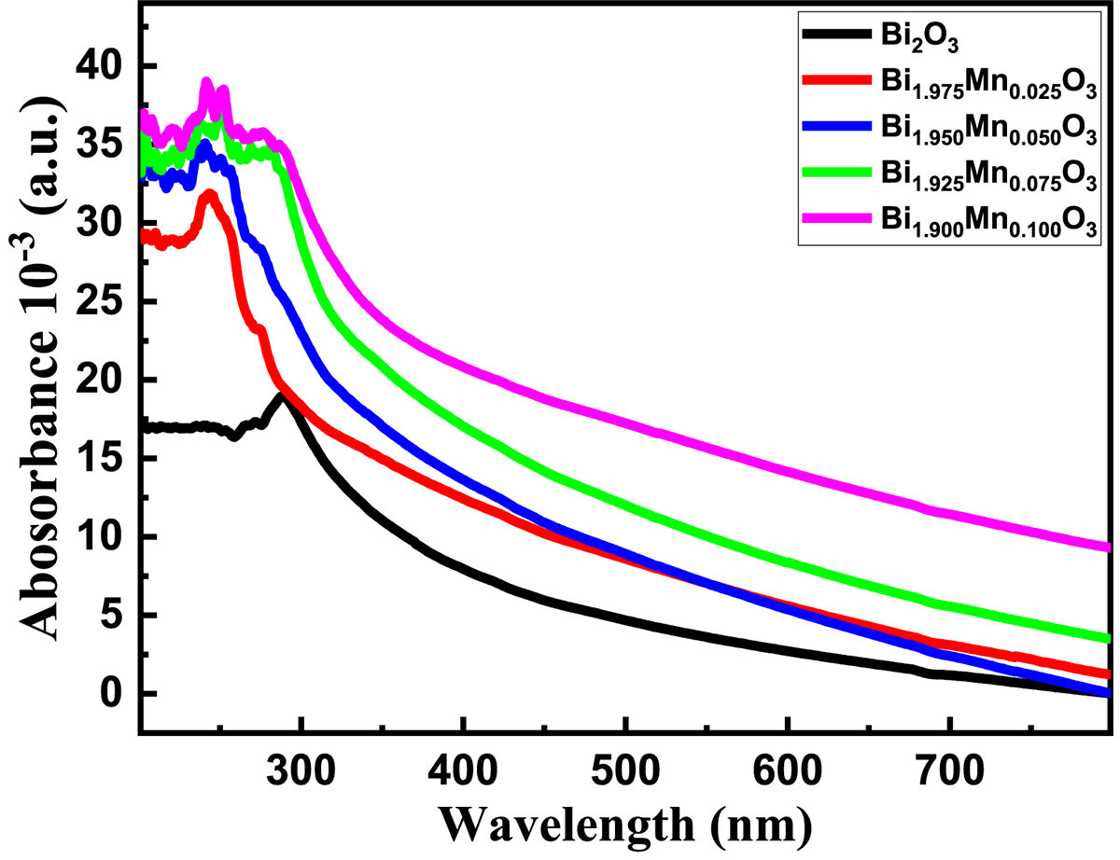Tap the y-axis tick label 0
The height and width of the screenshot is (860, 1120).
tap(115, 695)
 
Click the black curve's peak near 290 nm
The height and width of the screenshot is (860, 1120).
tap(280, 396)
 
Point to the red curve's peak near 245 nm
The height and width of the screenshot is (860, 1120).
tap(211, 195)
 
